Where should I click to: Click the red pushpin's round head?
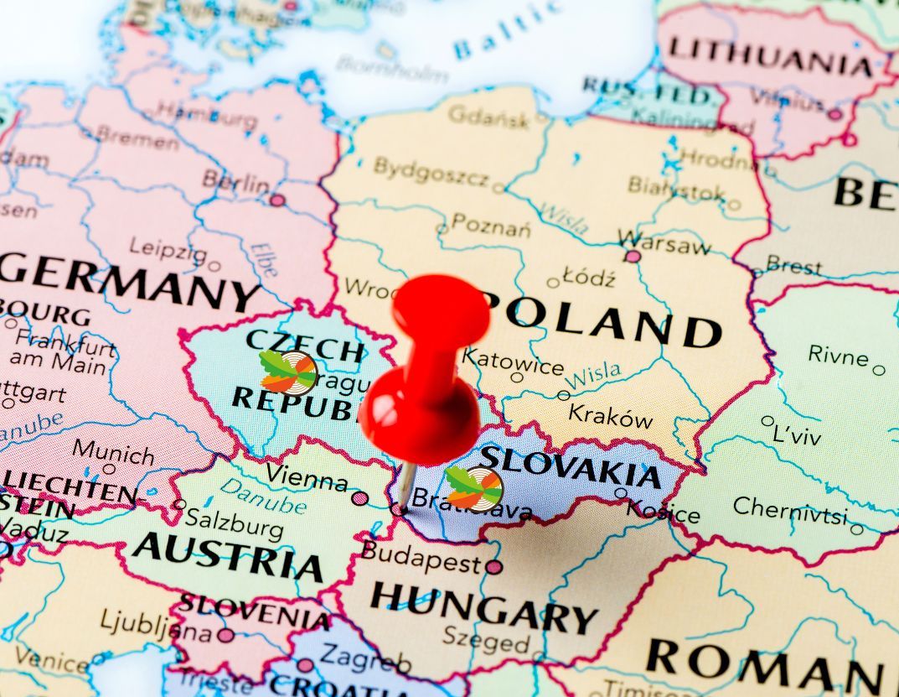pos(441,307)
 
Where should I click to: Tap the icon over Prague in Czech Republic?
pos(288,372)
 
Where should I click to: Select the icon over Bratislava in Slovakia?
pos(474,489)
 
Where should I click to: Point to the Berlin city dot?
pos(277,200)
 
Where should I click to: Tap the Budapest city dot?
pos(493,567)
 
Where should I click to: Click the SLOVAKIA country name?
pos(570,466)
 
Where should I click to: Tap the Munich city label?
pos(113,451)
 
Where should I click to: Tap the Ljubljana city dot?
pos(226,635)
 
